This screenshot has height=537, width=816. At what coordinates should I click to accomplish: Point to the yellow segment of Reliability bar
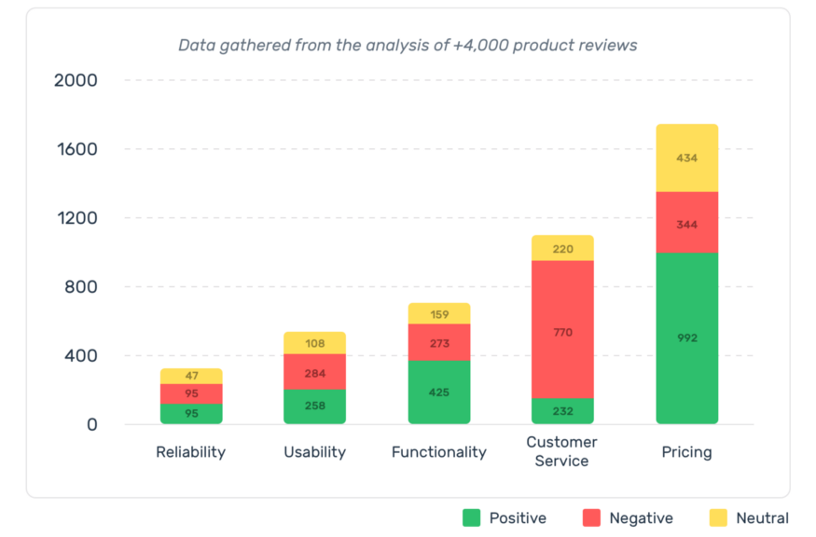(191, 376)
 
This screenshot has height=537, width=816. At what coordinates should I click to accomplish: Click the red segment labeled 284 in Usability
(314, 371)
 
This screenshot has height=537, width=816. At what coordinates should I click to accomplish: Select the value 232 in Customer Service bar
(562, 411)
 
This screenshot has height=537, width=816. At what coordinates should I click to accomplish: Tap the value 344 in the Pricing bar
(687, 225)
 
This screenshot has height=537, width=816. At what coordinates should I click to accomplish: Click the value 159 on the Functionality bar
(438, 314)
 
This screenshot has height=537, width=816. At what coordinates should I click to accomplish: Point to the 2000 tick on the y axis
(76, 80)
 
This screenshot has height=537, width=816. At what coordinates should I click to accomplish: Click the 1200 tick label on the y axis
(76, 218)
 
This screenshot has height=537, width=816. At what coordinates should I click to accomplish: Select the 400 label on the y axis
(79, 356)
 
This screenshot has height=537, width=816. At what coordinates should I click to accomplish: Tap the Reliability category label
(191, 452)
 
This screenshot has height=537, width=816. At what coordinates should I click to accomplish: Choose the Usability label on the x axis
(314, 452)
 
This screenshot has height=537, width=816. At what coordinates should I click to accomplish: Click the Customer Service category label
(561, 451)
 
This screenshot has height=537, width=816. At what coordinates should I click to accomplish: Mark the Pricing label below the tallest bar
(687, 452)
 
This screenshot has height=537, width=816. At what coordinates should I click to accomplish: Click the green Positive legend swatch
(472, 517)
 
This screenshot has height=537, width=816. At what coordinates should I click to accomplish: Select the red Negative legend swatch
(591, 517)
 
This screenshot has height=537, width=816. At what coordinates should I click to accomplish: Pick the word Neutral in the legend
(762, 518)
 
